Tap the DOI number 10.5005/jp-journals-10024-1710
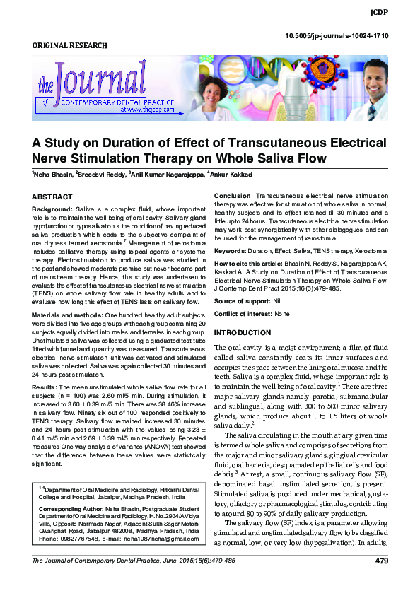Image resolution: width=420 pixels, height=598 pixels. point(336,35)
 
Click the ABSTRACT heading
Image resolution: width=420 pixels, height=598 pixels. point(52,197)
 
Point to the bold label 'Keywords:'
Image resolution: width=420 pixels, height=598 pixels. point(230,251)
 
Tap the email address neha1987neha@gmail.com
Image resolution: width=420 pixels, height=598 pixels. point(162,539)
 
